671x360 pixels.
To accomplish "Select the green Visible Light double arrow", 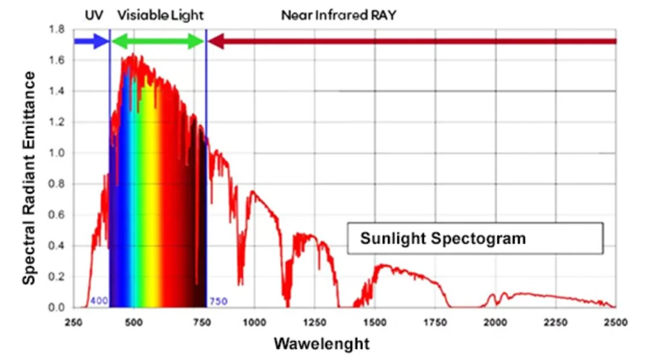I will click(x=157, y=41).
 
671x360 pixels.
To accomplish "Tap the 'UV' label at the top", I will click(x=94, y=15).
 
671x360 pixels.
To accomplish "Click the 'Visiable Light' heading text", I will click(x=160, y=15).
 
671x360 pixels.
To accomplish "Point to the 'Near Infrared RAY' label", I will click(x=339, y=15).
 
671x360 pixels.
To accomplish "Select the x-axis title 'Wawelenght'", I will click(x=321, y=343).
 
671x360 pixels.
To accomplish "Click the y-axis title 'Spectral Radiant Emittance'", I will click(x=29, y=178).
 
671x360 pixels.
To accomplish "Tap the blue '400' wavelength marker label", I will click(x=98, y=302).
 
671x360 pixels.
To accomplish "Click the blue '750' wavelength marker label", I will click(x=218, y=302).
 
